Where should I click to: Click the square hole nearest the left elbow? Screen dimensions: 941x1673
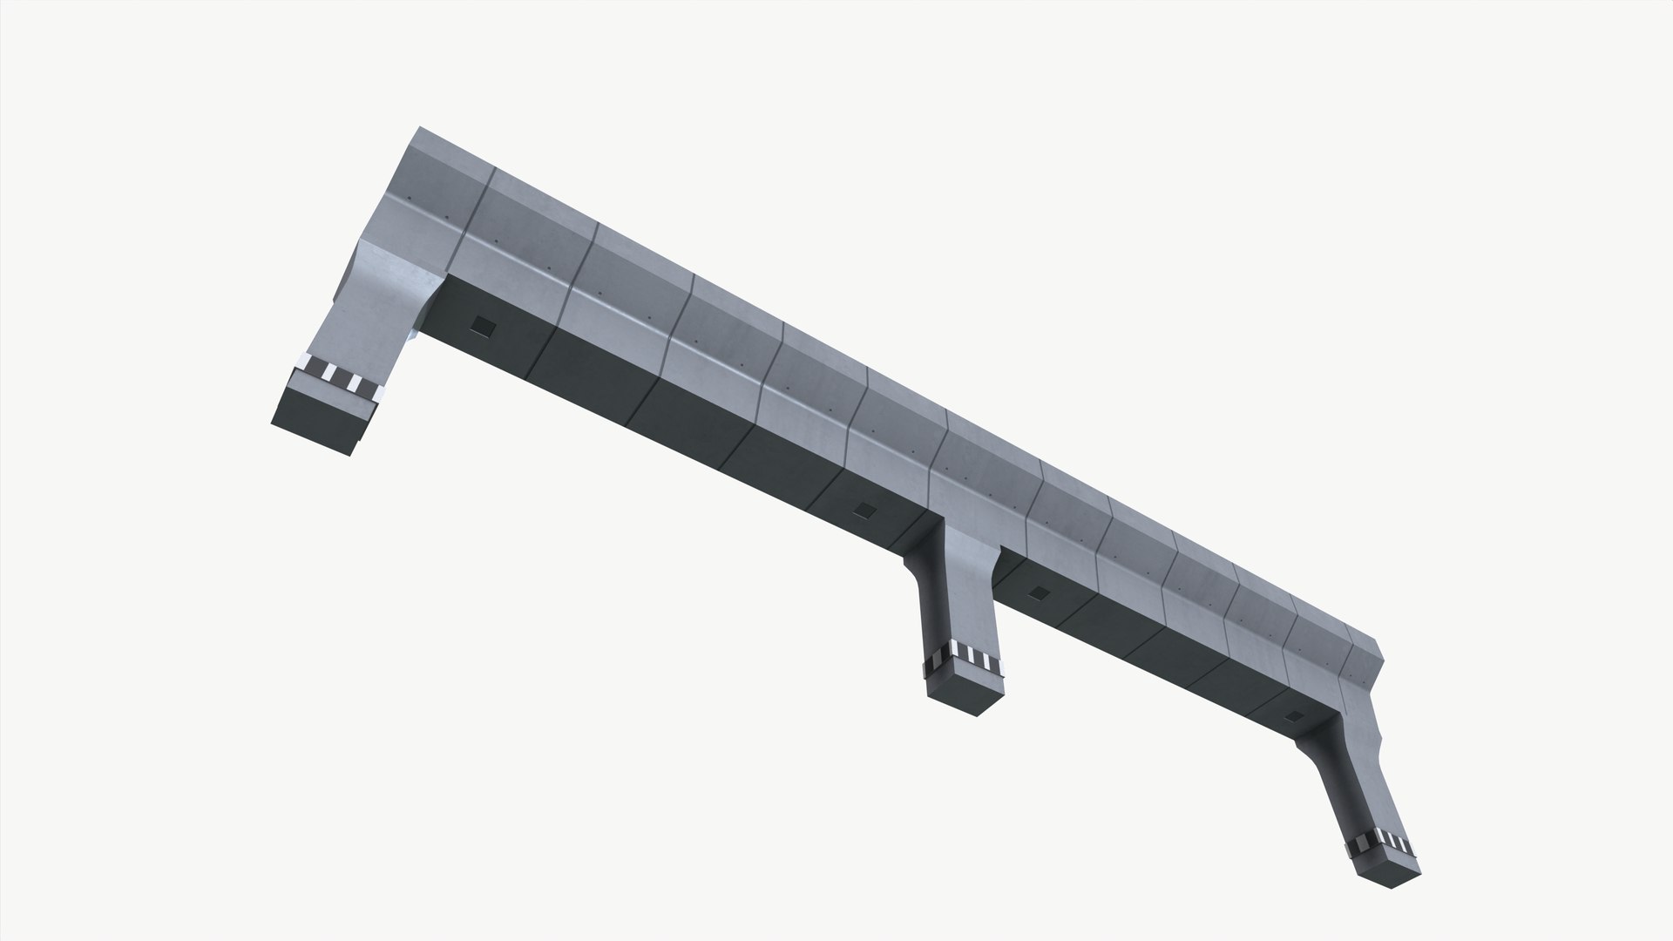click(x=481, y=326)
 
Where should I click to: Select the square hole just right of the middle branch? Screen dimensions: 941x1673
click(x=1037, y=593)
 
